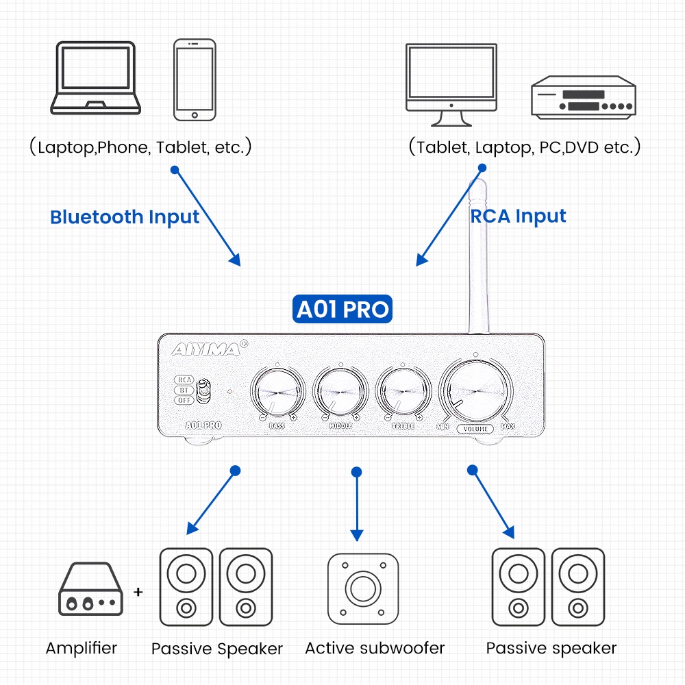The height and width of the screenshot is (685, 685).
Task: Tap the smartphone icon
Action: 195,79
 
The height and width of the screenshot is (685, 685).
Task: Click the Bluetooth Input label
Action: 125,217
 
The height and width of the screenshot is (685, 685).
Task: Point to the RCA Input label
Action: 519,216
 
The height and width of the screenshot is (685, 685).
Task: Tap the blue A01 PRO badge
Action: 342,310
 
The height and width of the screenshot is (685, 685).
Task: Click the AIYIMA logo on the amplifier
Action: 206,350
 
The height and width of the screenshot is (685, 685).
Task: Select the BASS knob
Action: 277,393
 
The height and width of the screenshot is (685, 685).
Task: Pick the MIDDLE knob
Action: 340,393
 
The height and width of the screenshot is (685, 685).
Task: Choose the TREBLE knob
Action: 403,393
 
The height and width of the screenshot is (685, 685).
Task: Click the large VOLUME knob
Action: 477,390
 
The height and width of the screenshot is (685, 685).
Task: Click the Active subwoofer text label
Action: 375,648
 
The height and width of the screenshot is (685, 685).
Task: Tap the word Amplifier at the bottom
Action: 82,648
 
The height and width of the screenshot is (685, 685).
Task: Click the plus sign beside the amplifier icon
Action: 139,590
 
